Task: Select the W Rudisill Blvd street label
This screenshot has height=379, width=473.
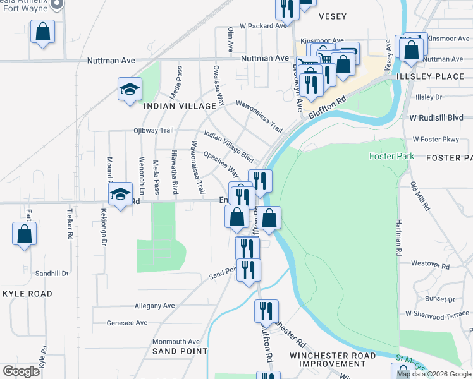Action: click(436, 117)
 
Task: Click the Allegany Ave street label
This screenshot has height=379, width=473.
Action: click(154, 306)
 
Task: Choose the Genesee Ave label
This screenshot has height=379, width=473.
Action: click(127, 323)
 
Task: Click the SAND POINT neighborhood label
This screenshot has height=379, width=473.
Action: click(180, 351)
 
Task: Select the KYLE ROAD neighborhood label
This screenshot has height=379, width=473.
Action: click(27, 294)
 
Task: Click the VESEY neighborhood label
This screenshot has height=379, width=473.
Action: click(333, 16)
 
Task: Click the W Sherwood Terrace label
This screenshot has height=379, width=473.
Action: click(437, 313)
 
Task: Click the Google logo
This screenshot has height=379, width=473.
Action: click(21, 371)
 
